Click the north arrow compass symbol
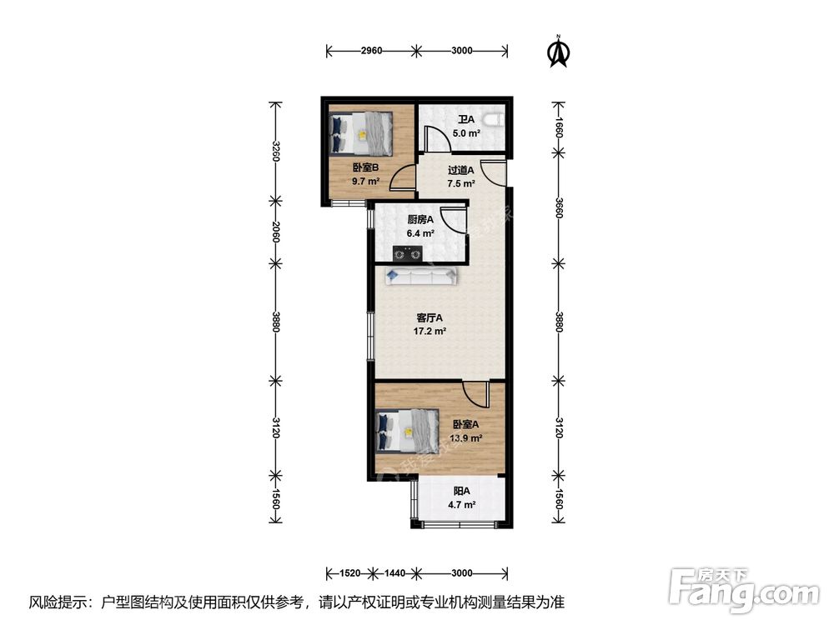559,52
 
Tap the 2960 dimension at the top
371,51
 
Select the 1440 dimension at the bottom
394,573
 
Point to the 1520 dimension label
350,573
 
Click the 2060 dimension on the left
275,232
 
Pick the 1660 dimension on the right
559,127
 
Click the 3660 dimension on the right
559,207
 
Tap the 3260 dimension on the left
275,152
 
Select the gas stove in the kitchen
408,253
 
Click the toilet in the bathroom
495,121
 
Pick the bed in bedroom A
407,431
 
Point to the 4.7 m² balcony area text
462,505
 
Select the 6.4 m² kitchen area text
420,232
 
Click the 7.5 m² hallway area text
461,184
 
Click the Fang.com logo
744,589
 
